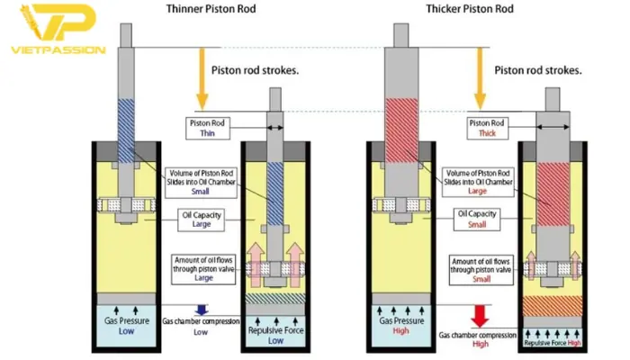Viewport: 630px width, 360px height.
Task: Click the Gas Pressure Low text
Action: click(126, 325)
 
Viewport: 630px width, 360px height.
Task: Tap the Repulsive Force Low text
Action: click(276, 336)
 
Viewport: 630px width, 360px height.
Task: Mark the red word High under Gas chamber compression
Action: click(481, 344)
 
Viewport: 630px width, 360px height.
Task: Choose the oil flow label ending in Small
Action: click(480, 266)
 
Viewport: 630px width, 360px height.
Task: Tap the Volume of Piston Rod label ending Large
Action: click(478, 181)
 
